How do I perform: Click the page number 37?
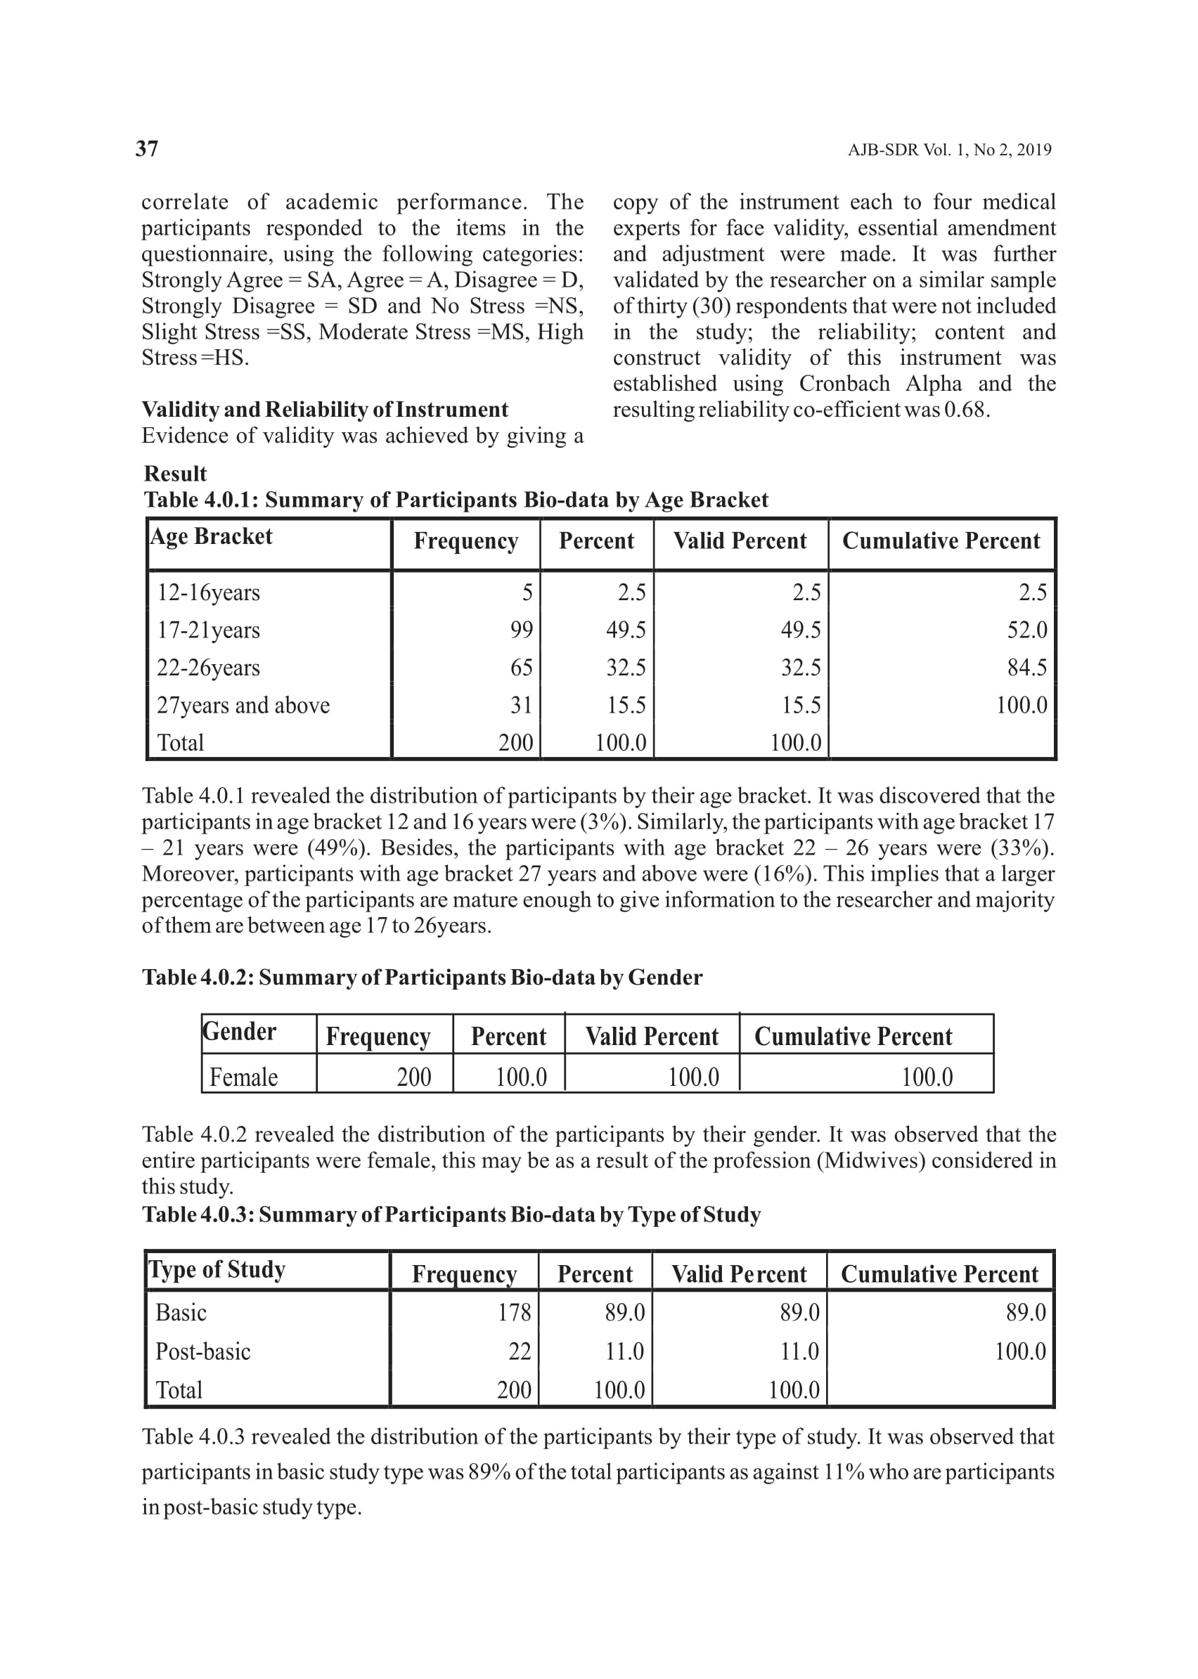coord(147,149)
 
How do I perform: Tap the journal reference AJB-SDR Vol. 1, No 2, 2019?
coord(949,150)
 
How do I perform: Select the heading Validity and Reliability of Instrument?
coord(325,410)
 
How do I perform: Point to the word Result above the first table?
coord(175,474)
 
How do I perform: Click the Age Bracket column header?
coord(212,537)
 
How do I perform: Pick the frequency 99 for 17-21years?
coord(521,630)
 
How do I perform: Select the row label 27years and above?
coord(243,706)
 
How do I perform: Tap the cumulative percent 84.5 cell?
coord(1027,668)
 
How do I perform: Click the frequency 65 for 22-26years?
coord(521,668)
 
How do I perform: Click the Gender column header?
coord(239,1032)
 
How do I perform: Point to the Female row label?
coord(243,1077)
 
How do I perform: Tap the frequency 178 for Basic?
coord(514,1313)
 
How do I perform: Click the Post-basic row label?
coord(203,1351)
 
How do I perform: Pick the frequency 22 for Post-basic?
coord(520,1351)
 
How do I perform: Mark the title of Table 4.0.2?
coord(422,978)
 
